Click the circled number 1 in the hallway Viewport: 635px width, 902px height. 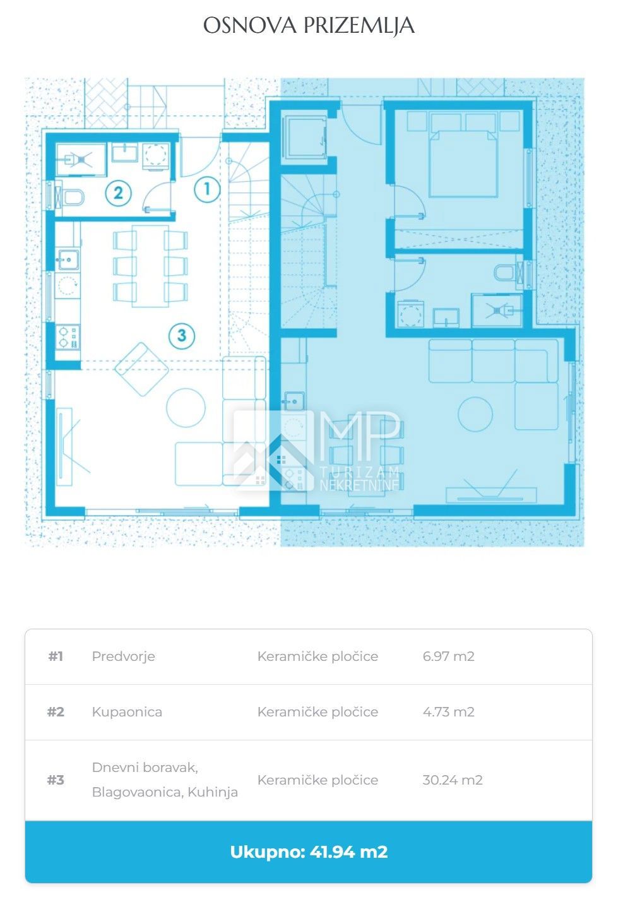tap(208, 189)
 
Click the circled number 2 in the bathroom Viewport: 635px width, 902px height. tap(118, 193)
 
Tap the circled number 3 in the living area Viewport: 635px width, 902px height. tap(182, 335)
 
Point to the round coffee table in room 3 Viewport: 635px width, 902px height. tap(186, 408)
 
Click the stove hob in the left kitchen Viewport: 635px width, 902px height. tap(68, 337)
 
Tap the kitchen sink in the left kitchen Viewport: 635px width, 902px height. tap(68, 259)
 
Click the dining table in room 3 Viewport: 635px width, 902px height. tap(150, 266)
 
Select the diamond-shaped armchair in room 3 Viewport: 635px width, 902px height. tap(141, 369)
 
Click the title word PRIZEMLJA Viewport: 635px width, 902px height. tap(359, 26)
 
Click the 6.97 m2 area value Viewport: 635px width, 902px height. tap(448, 656)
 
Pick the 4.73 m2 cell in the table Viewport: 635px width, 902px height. tap(448, 712)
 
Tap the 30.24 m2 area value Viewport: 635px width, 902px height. tap(452, 780)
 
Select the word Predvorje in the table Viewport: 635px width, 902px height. tap(123, 656)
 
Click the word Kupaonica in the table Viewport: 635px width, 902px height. tap(127, 712)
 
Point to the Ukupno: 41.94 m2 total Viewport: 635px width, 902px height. tap(309, 852)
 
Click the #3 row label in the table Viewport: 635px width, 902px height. tap(56, 780)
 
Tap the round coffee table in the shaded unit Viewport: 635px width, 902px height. tap(475, 414)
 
